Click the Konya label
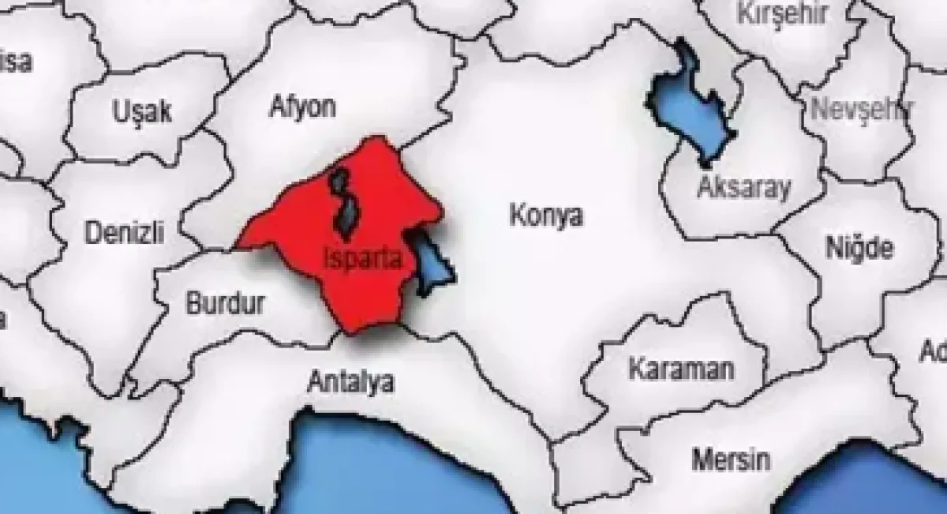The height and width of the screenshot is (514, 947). click(546, 216)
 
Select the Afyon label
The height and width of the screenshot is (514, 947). click(303, 107)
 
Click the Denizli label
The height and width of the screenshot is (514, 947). click(124, 232)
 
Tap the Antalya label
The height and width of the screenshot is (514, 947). click(350, 383)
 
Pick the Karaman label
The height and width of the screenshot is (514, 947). click(681, 368)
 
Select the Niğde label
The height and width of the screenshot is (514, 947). click(859, 247)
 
